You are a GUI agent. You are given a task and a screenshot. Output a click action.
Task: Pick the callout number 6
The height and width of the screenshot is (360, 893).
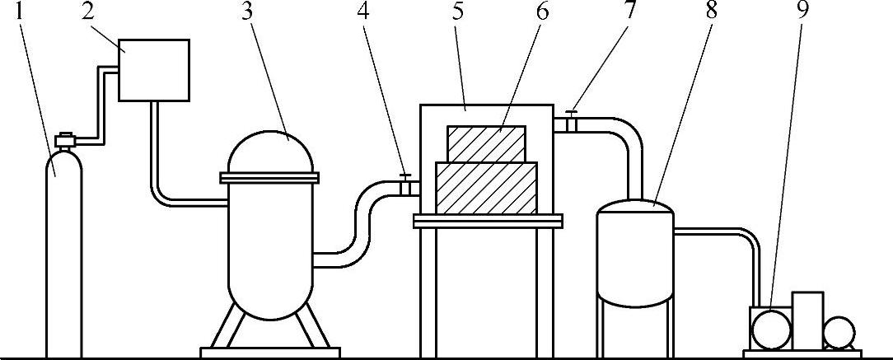(x=542, y=12)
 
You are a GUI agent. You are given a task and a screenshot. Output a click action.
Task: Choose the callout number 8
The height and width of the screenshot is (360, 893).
(x=711, y=12)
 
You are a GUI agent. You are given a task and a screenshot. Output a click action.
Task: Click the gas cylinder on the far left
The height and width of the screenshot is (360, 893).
(x=63, y=247)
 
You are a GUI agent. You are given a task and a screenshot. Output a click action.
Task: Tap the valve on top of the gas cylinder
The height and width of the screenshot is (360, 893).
(x=63, y=141)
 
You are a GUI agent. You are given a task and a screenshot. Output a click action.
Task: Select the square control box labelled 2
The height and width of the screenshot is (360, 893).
(x=154, y=70)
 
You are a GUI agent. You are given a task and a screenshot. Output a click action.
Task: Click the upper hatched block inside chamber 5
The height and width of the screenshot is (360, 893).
(x=486, y=143)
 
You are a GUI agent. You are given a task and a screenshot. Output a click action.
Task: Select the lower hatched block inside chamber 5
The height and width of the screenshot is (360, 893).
(x=486, y=187)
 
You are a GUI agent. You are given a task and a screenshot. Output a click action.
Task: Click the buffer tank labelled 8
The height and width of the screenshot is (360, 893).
(x=634, y=251)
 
